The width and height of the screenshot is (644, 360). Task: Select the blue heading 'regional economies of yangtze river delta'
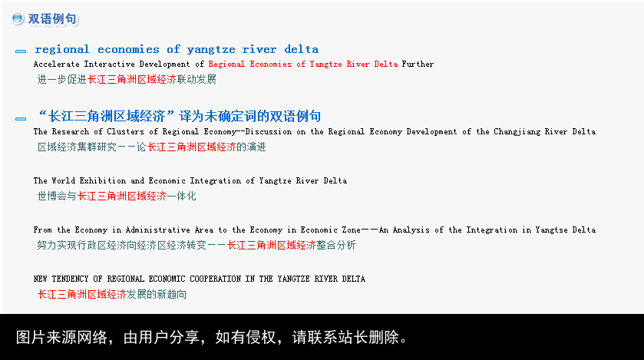click(x=177, y=49)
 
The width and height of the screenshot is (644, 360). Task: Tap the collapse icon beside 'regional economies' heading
click(x=21, y=51)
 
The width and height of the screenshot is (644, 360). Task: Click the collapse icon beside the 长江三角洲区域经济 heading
click(x=21, y=119)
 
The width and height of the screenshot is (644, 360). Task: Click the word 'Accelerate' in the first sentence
click(x=56, y=64)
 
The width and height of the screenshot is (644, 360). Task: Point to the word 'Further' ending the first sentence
click(x=418, y=64)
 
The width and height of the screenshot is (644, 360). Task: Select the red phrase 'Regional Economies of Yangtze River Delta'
click(x=303, y=64)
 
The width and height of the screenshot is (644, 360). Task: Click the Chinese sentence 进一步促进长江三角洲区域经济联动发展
click(x=127, y=79)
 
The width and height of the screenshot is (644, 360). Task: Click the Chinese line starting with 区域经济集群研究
click(x=151, y=147)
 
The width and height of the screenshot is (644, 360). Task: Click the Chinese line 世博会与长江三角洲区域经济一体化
click(x=117, y=196)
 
